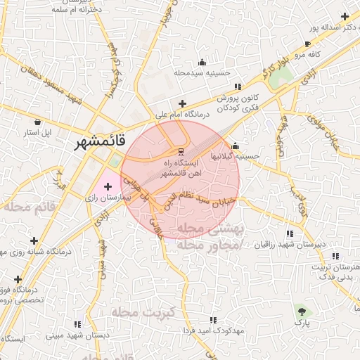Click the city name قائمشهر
coord(101,141)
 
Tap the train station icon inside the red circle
coord(181,150)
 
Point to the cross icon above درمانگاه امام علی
coord(182,103)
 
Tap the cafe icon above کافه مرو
coord(307,44)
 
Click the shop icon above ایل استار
coord(37,121)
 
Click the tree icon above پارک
coord(302,311)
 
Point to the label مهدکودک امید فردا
coord(212,330)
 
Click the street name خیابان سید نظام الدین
coord(208,198)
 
